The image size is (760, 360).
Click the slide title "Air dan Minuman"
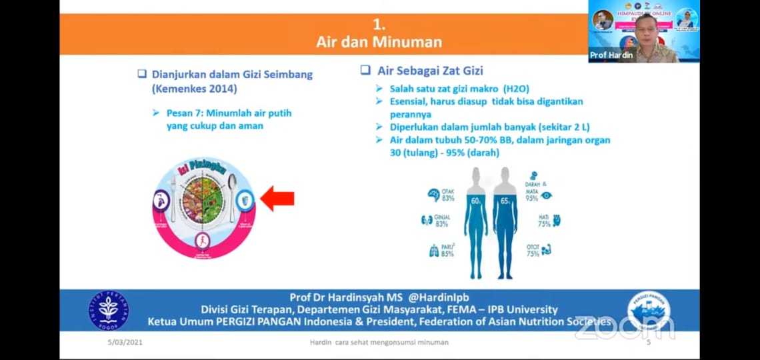click(x=379, y=42)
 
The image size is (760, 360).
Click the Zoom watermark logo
click(x=624, y=327)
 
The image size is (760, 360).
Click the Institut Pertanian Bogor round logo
click(x=109, y=310)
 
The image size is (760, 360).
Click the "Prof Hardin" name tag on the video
click(x=611, y=55)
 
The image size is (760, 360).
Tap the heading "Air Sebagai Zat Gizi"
click(x=430, y=71)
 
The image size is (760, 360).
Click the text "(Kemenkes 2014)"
click(x=194, y=89)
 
